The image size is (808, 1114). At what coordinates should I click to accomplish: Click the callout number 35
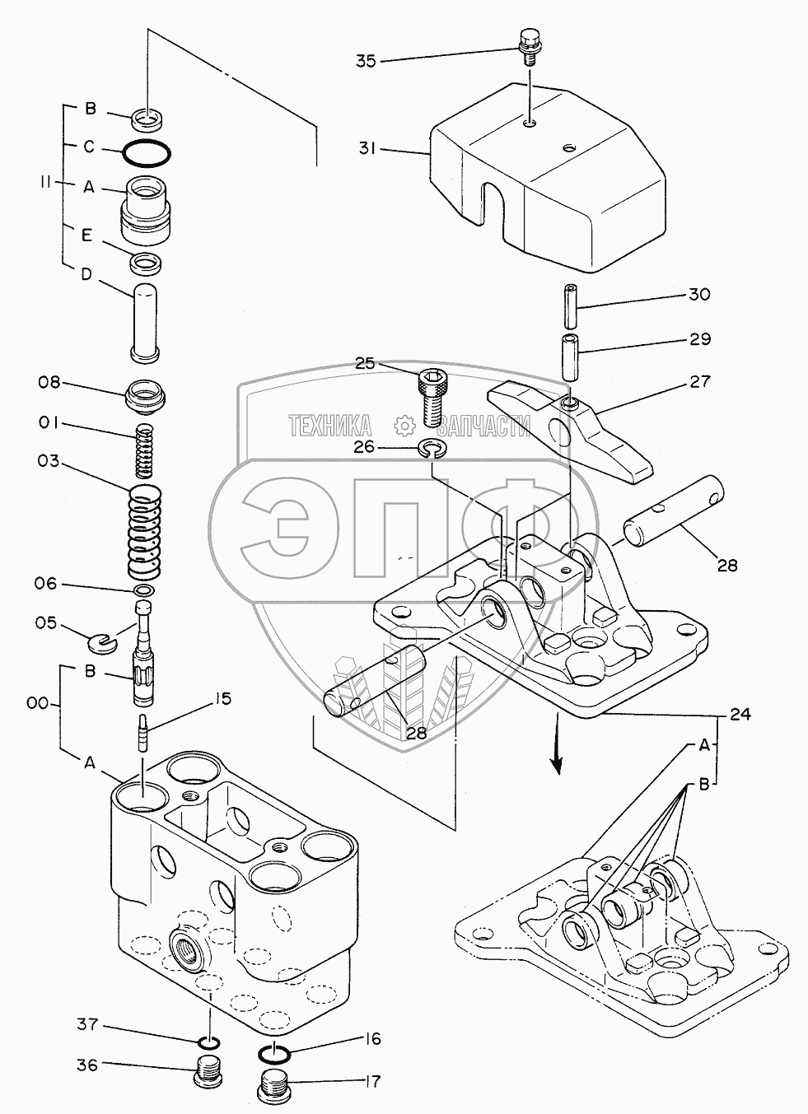366,60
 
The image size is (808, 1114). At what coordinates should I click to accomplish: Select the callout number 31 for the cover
367,149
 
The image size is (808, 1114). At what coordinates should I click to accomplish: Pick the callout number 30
698,295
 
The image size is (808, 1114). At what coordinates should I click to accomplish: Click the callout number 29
698,339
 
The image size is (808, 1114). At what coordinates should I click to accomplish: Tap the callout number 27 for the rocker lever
698,382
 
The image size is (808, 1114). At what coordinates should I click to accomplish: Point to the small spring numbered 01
145,449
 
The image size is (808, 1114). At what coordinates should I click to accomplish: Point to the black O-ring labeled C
146,153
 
